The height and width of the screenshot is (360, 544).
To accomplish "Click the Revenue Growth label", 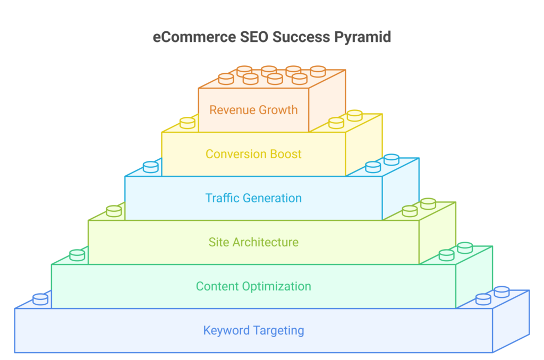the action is click(x=253, y=110).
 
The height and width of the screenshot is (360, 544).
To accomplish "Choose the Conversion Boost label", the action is click(x=253, y=154).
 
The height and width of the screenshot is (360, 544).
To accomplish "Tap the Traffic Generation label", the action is click(x=253, y=198).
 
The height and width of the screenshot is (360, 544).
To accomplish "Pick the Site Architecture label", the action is click(x=253, y=242).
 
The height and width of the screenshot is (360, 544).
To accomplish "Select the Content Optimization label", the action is click(x=253, y=287).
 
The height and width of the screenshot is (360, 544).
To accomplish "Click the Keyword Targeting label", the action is click(x=253, y=330).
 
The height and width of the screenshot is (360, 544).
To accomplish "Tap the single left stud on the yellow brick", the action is click(x=188, y=123).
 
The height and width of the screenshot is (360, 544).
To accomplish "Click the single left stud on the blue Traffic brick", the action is click(x=150, y=167).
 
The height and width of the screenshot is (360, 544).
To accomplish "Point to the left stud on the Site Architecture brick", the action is click(x=114, y=211).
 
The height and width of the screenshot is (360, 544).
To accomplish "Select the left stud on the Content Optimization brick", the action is click(x=77, y=255).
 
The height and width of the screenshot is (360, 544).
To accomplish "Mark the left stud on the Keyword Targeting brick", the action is click(x=40, y=299).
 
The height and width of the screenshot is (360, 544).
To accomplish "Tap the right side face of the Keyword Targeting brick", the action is click(x=511, y=321).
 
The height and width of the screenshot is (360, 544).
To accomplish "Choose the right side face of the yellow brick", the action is click(x=364, y=144).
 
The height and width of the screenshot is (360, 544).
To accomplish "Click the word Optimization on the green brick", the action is click(x=276, y=287).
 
